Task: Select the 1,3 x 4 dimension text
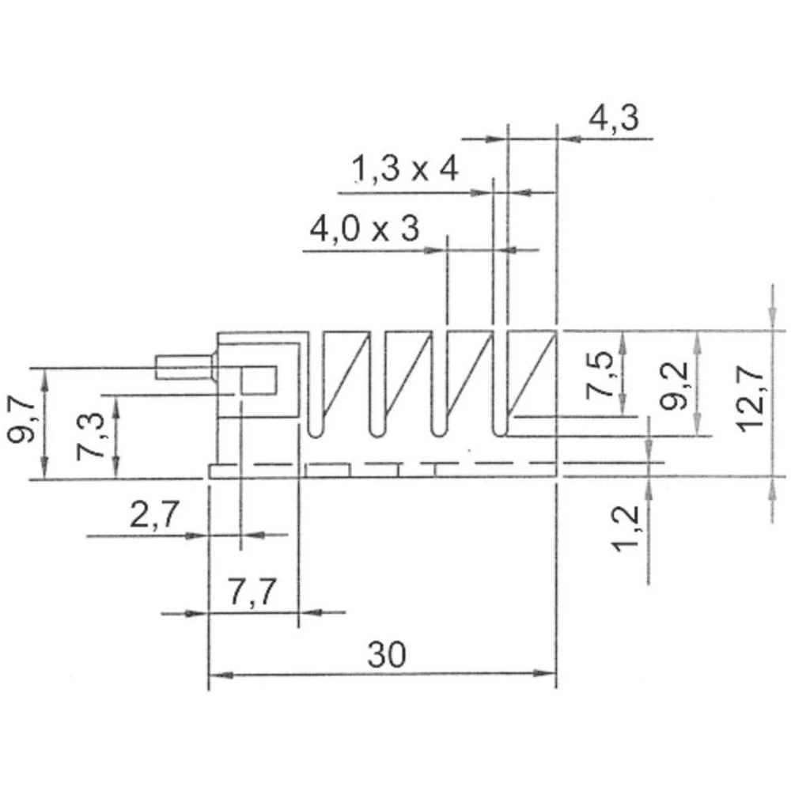[404, 170]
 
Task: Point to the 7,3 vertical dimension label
[93, 435]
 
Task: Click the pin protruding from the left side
[184, 368]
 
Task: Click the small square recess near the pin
[258, 380]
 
